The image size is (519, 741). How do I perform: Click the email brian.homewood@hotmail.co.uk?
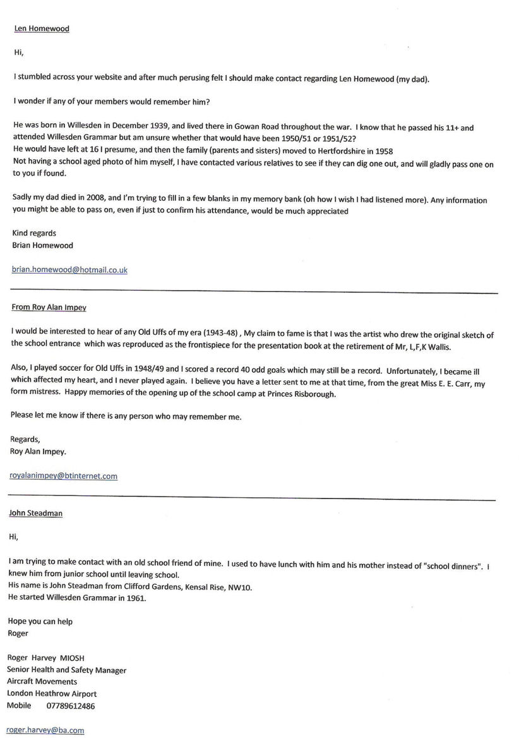click(69, 270)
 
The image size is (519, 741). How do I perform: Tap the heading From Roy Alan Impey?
click(49, 308)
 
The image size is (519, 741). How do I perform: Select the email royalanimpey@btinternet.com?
click(63, 476)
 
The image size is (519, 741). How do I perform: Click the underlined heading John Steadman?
click(35, 513)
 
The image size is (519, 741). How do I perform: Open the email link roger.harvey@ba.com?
click(45, 730)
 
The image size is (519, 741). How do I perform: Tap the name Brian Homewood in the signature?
click(42, 244)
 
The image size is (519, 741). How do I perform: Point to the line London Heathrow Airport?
click(52, 694)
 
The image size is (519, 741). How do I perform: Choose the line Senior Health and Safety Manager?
click(67, 670)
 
